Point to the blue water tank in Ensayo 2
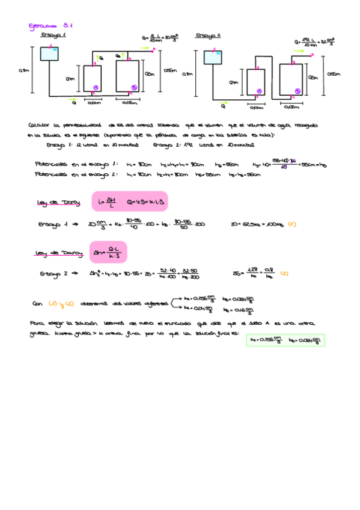[x=213, y=58]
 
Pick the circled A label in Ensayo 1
[x=96, y=88]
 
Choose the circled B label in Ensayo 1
[x=133, y=88]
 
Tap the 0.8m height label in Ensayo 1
[x=25, y=72]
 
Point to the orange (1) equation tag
[x=291, y=224]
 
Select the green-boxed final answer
[x=286, y=340]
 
